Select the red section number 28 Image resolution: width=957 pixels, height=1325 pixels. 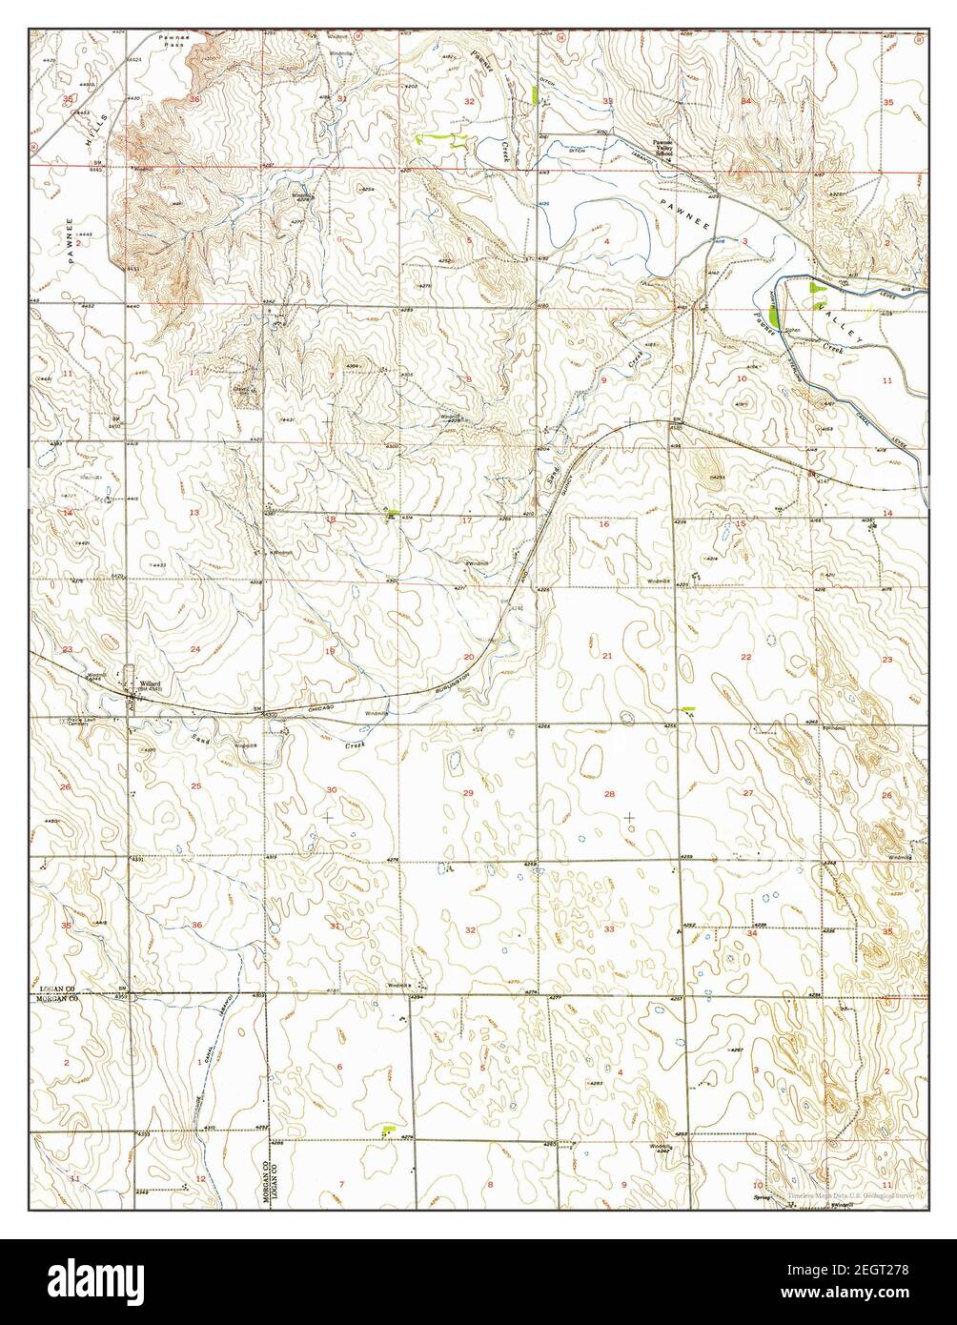(x=609, y=793)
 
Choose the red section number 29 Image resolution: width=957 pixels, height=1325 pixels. (x=468, y=793)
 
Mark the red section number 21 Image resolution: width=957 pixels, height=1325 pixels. (x=607, y=655)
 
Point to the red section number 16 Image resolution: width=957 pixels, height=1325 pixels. (x=603, y=524)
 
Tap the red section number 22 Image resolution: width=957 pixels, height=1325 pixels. (x=745, y=657)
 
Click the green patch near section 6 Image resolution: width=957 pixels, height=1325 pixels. (x=387, y=1130)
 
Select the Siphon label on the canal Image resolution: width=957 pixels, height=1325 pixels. (x=791, y=330)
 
